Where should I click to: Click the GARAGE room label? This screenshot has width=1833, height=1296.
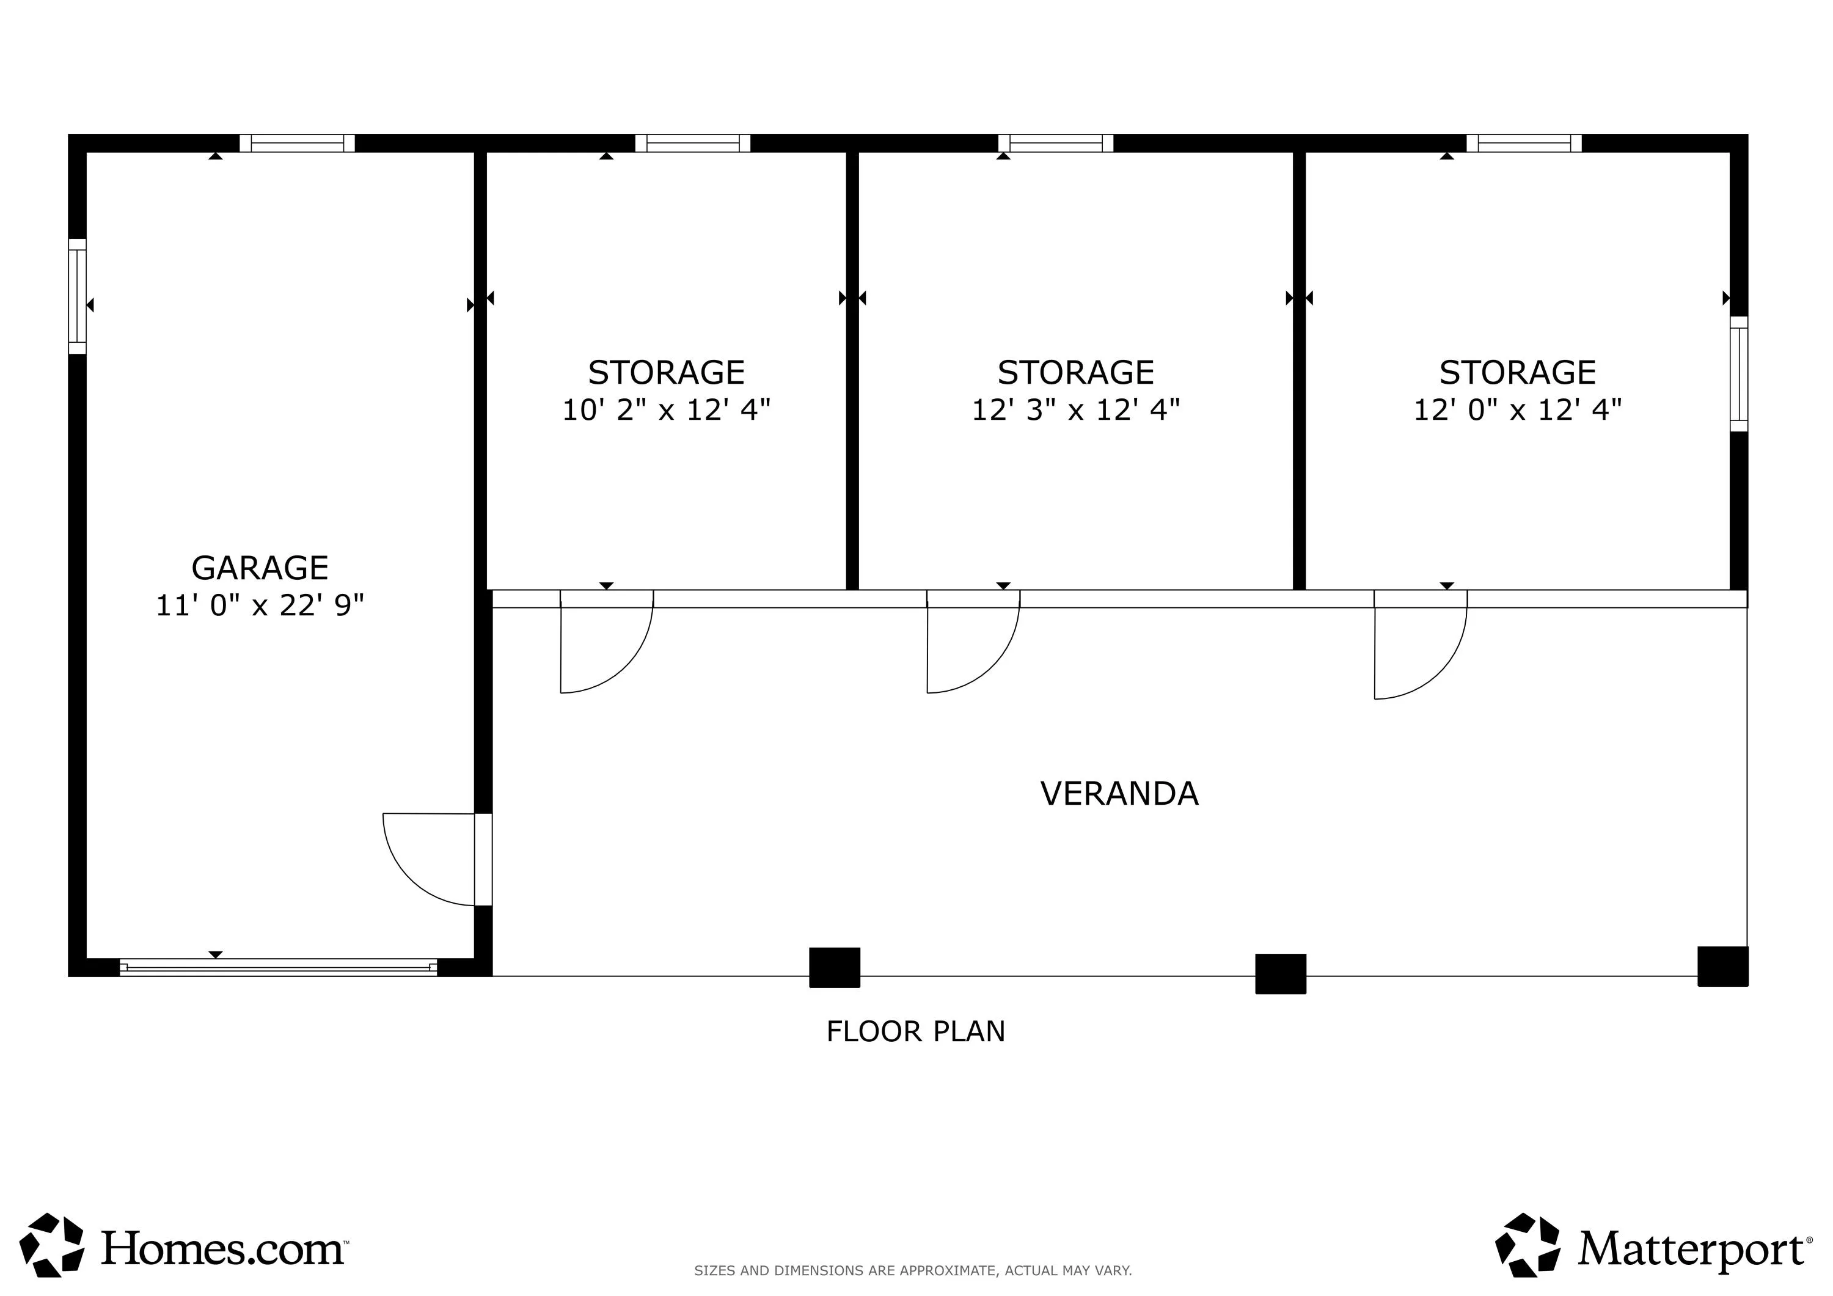[260, 568]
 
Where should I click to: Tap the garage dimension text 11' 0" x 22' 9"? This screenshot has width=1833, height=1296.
[260, 606]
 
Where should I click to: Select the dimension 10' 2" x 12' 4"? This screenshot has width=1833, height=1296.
[667, 409]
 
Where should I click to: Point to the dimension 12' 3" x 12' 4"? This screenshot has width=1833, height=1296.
[1075, 409]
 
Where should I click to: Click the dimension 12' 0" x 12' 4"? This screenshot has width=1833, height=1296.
[1518, 409]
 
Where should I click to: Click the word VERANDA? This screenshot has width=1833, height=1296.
[1119, 794]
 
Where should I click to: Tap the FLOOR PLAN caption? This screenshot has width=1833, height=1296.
[916, 1031]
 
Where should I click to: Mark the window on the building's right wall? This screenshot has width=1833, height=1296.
[1739, 374]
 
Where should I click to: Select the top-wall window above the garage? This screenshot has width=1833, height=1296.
[297, 143]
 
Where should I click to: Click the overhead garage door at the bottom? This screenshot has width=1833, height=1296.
[279, 967]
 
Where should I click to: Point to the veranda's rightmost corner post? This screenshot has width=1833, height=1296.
[1723, 966]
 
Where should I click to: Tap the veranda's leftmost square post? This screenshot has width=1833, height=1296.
[835, 968]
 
